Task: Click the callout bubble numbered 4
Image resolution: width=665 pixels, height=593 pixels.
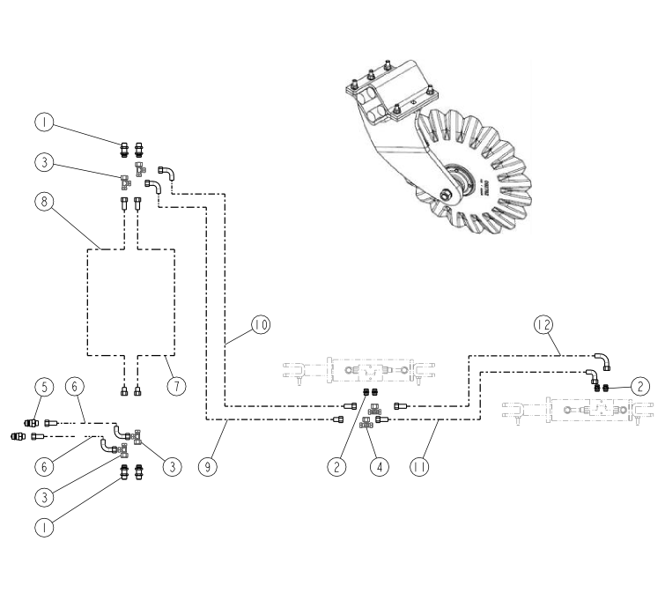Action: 380,467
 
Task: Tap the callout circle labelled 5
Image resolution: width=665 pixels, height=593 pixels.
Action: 44,387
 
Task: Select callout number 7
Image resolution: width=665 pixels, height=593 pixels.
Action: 176,386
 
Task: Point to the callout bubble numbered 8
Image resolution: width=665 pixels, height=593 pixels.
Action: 44,201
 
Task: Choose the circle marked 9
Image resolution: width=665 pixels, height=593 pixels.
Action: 207,467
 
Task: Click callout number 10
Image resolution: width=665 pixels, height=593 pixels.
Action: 261,325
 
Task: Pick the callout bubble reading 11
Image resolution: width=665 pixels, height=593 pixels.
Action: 419,467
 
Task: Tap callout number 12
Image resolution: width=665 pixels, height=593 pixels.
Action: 543,325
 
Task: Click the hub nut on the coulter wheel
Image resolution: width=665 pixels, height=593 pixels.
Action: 447,196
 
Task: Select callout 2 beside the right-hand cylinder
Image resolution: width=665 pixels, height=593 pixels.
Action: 640,387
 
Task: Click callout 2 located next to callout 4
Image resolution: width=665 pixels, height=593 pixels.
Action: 336,467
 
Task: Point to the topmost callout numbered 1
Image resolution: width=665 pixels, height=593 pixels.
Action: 44,122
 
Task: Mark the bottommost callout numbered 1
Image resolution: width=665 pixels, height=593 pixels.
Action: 44,527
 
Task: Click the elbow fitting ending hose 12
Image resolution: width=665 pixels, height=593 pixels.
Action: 604,360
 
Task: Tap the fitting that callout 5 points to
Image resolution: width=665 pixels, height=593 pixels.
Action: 32,423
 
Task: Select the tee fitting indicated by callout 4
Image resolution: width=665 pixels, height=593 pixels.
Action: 366,423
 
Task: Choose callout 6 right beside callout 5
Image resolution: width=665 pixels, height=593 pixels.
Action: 75,387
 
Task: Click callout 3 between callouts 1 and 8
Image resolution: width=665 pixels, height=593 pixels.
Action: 44,162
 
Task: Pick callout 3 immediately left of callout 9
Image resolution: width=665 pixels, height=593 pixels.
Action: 172,467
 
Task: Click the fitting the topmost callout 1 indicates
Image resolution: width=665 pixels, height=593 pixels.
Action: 124,150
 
